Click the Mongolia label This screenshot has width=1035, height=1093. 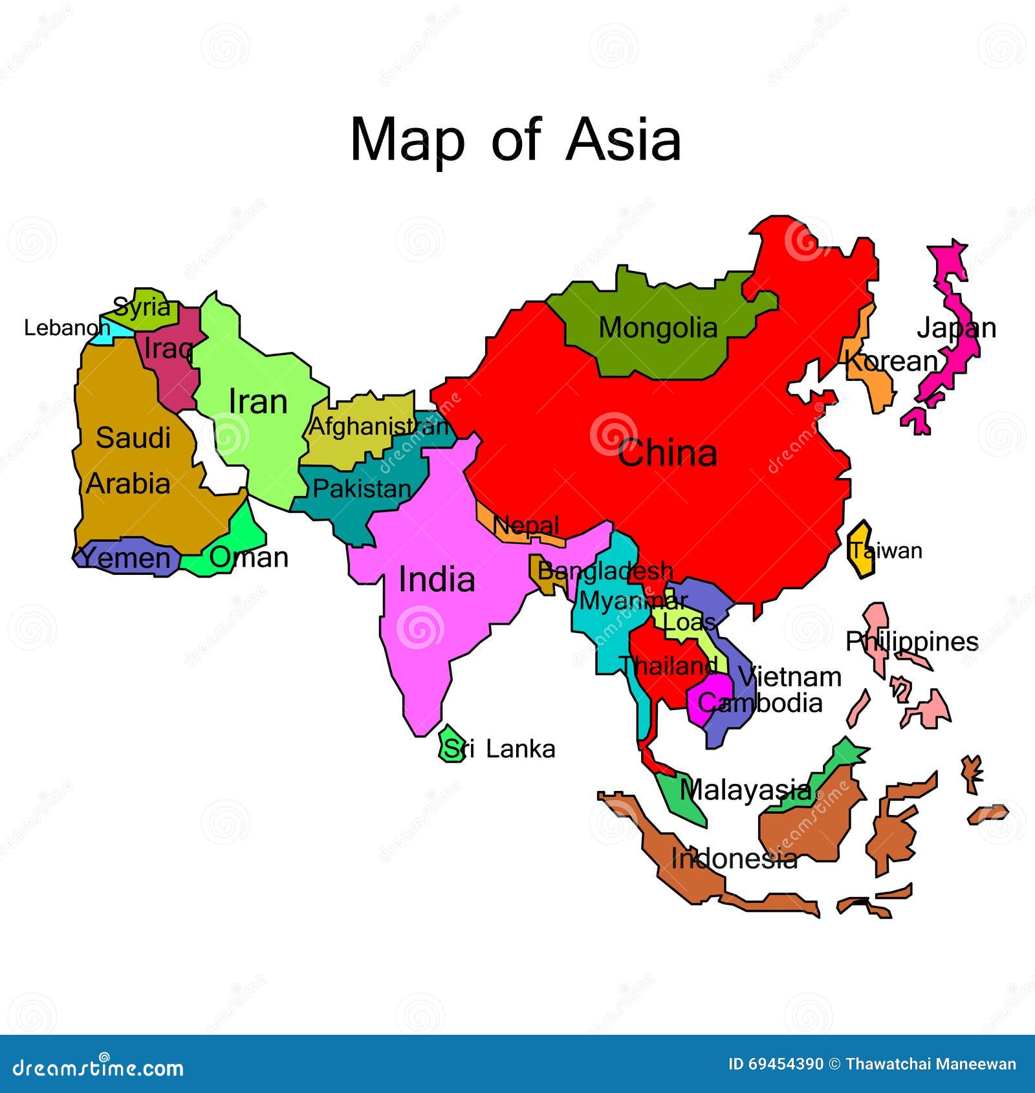(658, 328)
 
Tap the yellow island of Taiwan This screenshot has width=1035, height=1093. (860, 550)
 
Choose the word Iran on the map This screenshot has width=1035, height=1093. (258, 402)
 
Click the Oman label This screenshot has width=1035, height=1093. (249, 557)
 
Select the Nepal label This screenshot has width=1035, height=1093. (526, 525)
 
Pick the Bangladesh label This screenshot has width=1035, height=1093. (605, 570)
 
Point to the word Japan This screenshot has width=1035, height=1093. (956, 329)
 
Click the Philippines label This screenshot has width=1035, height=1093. (911, 642)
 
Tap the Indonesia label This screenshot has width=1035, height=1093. (734, 858)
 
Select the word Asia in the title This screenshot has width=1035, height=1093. (624, 140)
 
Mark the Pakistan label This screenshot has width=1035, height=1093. (362, 489)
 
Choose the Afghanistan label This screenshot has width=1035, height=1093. (379, 426)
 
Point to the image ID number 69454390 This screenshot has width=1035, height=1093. (776, 1065)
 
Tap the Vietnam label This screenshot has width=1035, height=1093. (790, 677)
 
